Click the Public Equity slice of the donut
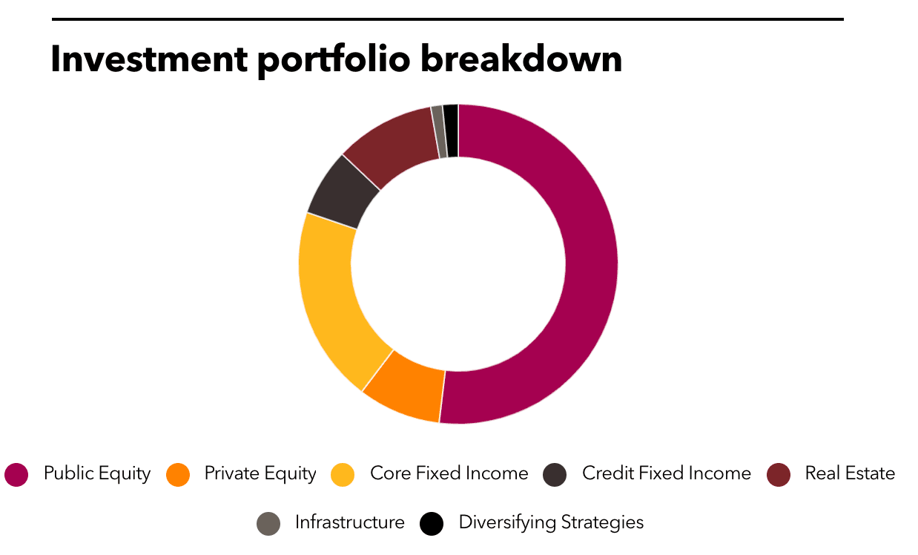coord(590,263)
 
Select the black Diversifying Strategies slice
coord(452,131)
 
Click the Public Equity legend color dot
coord(16,475)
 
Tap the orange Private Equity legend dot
coord(178,475)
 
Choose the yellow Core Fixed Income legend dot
coord(343,475)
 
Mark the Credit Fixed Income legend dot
coord(555,475)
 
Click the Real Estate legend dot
coord(779,475)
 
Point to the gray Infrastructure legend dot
coord(268,524)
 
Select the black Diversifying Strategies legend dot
coord(432,524)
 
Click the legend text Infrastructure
coord(349,522)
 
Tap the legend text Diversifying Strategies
coord(551,523)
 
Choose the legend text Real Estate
coord(850,473)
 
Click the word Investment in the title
coord(149,59)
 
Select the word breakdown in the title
coord(522,59)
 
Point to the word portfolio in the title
coord(334,61)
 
